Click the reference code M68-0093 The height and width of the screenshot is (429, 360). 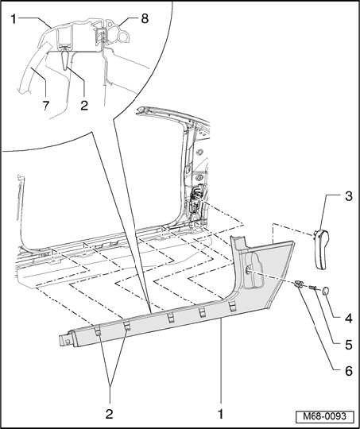(325, 416)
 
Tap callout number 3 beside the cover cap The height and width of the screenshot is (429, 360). (348, 196)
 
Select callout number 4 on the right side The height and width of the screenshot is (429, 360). (348, 319)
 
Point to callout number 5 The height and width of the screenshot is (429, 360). (348, 345)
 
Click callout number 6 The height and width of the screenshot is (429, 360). (349, 372)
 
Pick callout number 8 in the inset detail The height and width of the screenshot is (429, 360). (145, 18)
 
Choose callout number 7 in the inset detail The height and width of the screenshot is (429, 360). (46, 106)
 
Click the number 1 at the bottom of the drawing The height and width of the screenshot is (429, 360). (221, 414)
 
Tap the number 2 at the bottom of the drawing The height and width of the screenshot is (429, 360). (109, 414)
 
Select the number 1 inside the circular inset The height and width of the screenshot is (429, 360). (14, 19)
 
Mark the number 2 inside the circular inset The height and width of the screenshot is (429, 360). (84, 106)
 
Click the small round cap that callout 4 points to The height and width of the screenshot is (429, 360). (326, 291)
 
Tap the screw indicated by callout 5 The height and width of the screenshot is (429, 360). (312, 288)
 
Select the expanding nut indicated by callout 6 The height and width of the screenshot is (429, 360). (299, 284)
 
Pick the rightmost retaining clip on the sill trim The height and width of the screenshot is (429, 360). (232, 306)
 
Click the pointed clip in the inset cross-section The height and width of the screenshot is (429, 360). (65, 58)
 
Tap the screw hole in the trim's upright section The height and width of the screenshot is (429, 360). (247, 270)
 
